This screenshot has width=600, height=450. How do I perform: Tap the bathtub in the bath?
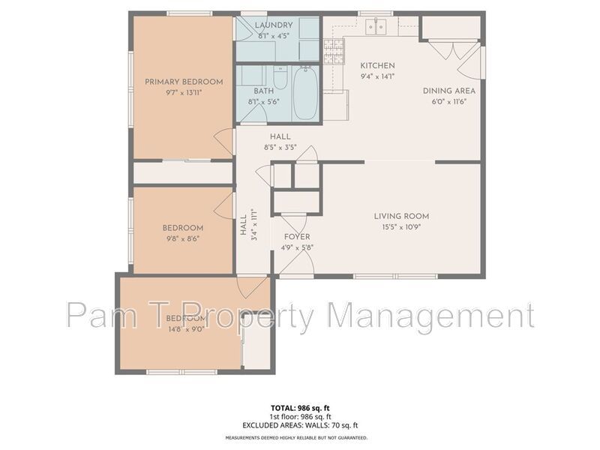pos(304,94)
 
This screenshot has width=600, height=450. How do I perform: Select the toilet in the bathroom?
pos(280,78)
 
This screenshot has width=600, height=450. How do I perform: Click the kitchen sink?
pos(376,28)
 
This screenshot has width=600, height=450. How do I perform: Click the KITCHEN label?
pos(377,65)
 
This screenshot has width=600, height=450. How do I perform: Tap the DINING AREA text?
pos(448,91)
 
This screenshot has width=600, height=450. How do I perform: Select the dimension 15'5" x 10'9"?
pos(401,226)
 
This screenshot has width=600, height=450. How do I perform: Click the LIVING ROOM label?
pos(401,216)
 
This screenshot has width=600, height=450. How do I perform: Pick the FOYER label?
pos(296,237)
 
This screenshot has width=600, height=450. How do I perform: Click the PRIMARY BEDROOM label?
pos(184,82)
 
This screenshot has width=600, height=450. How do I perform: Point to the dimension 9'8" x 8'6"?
pos(183,239)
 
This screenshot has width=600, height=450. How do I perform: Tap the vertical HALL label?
pos(243,226)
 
